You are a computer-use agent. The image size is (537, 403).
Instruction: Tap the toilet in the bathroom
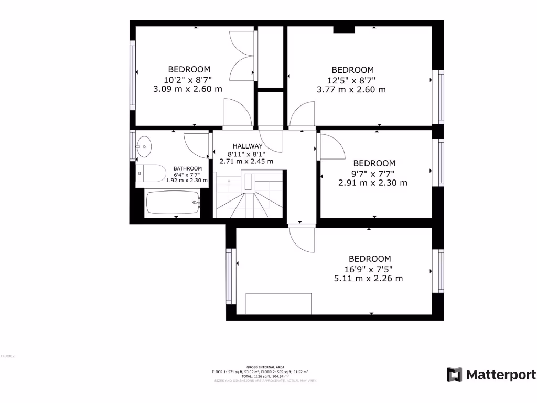(x=150, y=173)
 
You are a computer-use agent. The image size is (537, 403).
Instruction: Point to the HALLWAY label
(x=248, y=146)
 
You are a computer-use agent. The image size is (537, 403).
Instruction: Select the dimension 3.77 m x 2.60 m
(x=351, y=90)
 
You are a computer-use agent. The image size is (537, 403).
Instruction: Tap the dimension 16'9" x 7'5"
(x=368, y=269)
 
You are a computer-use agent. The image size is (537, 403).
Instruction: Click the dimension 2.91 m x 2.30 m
(x=373, y=183)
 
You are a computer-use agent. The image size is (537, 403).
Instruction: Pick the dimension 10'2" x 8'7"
(x=188, y=79)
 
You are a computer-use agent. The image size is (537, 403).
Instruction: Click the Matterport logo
(x=491, y=375)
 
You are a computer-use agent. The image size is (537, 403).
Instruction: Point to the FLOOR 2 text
(x=8, y=356)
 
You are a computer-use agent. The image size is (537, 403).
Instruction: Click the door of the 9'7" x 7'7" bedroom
(x=330, y=146)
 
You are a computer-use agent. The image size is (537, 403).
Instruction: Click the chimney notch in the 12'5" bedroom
(x=343, y=29)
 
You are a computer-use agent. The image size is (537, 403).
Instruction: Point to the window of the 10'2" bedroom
(x=132, y=75)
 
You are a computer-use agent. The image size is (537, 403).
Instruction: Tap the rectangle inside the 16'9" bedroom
(x=278, y=303)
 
